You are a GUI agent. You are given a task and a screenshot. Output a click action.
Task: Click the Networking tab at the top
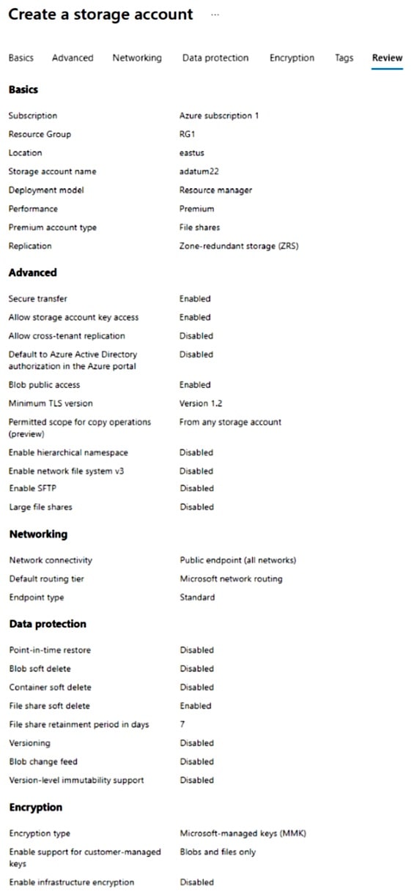pos(137,58)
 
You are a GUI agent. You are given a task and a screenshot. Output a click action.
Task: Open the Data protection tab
pos(215,58)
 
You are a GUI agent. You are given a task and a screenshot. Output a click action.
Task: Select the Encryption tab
pos(292,58)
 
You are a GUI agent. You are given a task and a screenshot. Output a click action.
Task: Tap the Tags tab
pos(344,58)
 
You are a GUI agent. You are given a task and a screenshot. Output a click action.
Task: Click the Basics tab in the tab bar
pos(21,58)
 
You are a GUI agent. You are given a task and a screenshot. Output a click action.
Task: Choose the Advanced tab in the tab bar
pos(73,58)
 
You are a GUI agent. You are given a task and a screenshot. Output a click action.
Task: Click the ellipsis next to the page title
pos(215,15)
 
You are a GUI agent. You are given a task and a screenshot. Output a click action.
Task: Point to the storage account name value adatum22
pos(199,171)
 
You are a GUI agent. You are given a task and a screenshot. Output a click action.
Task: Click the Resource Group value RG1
pos(187,135)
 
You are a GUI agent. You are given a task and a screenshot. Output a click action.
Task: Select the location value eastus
pos(191,153)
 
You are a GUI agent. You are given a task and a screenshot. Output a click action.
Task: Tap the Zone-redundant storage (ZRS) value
pos(239,246)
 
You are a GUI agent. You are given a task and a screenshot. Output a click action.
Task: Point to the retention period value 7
pos(182,724)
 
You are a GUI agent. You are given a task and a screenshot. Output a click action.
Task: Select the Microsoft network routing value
pos(231,578)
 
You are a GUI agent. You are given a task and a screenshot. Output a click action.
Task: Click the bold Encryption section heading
pos(35,807)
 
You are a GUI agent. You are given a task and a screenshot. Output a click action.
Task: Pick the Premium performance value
pos(196,209)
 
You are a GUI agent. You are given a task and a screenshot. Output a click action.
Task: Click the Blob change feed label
pos(43,761)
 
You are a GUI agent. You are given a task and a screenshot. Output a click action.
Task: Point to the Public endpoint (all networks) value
pos(237,560)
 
